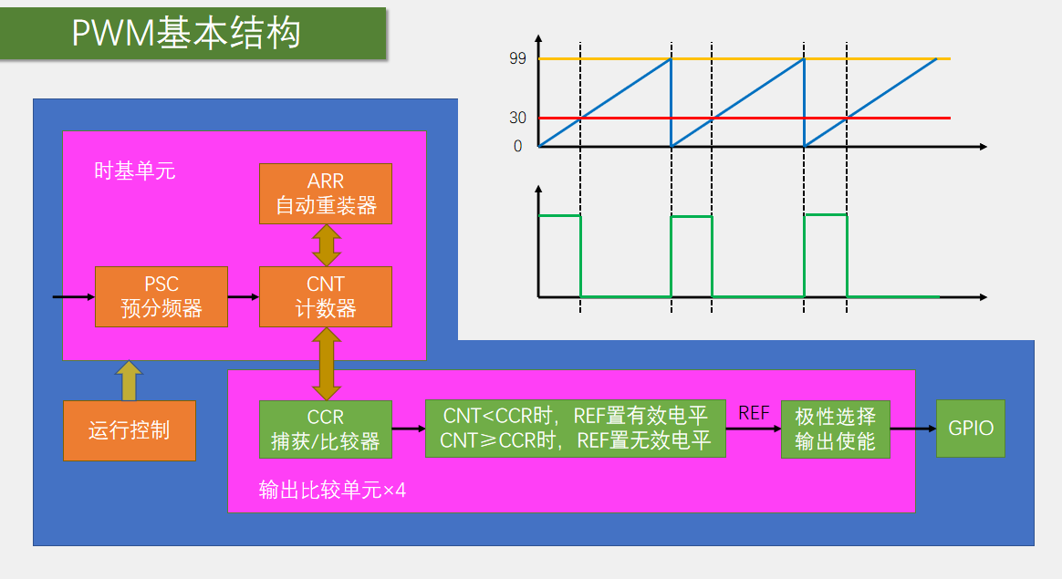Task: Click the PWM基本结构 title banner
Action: tap(193, 34)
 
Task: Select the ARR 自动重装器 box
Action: tap(326, 193)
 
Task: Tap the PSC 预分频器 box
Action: tap(161, 297)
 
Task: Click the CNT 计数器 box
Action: tap(326, 297)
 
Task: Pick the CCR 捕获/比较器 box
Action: tap(325, 429)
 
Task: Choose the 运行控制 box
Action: tap(130, 430)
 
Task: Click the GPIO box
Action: tap(971, 429)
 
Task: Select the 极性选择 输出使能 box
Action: tap(835, 429)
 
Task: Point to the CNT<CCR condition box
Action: tap(575, 429)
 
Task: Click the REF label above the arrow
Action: tap(754, 413)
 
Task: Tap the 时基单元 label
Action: tap(134, 171)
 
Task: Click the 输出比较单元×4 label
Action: tap(332, 491)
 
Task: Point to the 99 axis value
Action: tap(518, 59)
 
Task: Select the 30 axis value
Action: tap(518, 118)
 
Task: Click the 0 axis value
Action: tap(518, 146)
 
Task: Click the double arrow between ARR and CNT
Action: tap(326, 244)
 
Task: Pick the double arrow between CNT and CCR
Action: tap(326, 364)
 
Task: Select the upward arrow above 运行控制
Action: tap(129, 380)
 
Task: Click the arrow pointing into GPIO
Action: tap(912, 429)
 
